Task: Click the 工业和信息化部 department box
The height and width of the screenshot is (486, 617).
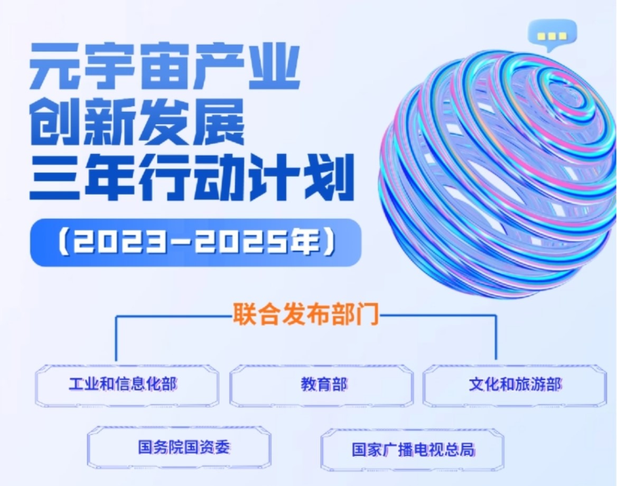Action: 127,385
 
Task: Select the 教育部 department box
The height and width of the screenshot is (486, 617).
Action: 322,385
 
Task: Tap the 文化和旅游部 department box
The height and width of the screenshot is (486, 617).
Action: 515,385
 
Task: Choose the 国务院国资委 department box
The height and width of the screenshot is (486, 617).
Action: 179,447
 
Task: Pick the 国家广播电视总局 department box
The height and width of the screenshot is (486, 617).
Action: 413,450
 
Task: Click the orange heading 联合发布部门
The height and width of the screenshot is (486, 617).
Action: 306,314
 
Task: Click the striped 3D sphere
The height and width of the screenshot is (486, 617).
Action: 498,173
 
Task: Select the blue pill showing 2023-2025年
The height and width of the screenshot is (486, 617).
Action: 195,243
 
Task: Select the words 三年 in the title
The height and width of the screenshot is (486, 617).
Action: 81,177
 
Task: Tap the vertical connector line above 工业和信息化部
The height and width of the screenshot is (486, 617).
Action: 116,338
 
